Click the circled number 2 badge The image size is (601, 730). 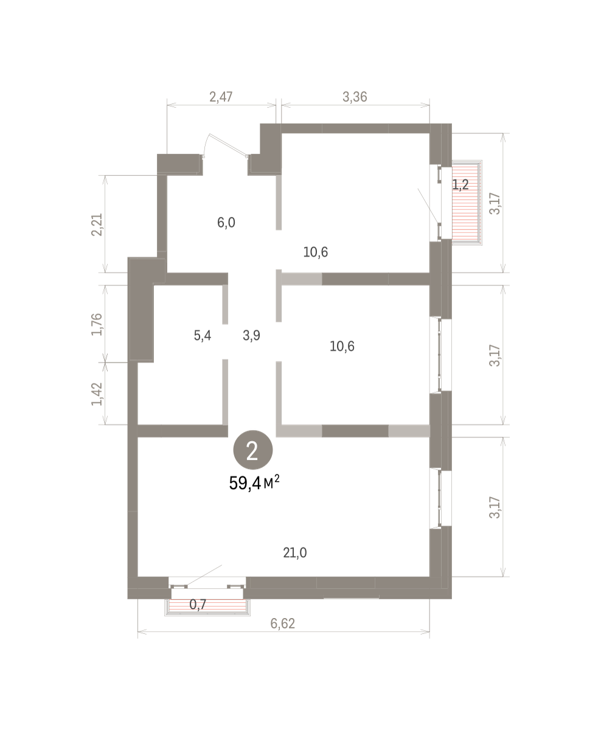point(253,450)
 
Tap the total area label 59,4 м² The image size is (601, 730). point(254,483)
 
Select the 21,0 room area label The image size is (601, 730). point(294,553)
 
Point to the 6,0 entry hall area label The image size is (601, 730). point(226,223)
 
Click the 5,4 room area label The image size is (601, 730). point(203,335)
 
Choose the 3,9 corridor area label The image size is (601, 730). point(251,335)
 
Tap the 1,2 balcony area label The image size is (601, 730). point(460,184)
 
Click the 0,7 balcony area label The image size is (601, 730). point(198,604)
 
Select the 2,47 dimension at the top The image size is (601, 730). point(221,97)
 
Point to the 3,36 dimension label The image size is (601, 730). point(355,97)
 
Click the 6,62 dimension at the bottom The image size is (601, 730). point(282,624)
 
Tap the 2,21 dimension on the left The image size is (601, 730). point(97,224)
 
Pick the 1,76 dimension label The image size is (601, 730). point(97,324)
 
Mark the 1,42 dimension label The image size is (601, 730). point(97,394)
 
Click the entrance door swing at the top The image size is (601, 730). point(224,145)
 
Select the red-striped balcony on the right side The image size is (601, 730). point(467,203)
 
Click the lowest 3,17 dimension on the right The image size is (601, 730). point(495,507)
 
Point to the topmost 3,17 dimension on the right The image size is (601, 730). point(495,204)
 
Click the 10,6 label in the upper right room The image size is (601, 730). point(315,252)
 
